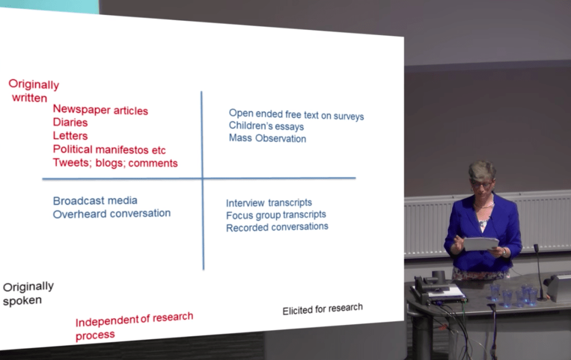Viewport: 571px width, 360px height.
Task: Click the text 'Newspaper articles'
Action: tap(100, 110)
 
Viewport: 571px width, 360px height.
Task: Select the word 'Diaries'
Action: tap(70, 122)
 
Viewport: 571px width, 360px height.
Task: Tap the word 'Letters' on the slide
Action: tap(70, 136)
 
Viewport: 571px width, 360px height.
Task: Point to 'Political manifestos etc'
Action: tap(109, 149)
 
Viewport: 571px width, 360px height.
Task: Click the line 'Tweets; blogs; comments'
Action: tap(115, 163)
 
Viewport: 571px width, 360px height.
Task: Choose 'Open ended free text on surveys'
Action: tap(297, 115)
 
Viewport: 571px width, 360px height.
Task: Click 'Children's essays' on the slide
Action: tap(266, 126)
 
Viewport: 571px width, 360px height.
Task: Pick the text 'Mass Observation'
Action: tap(267, 138)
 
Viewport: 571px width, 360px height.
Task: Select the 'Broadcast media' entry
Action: tap(95, 201)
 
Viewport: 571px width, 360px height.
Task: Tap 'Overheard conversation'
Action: tap(112, 213)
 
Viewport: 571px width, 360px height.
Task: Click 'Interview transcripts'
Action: tap(269, 203)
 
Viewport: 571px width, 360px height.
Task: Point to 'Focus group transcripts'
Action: tap(276, 215)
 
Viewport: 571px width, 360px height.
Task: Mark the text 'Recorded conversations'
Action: tap(277, 227)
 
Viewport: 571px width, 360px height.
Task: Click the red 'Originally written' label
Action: tap(33, 91)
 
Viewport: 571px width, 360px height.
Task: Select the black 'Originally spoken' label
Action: tap(28, 293)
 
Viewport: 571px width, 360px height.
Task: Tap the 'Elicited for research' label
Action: tap(323, 309)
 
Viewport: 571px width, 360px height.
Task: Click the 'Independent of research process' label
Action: tap(134, 326)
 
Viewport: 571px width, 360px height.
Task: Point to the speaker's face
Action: tap(481, 182)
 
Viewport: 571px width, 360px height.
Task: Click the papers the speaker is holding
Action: tap(480, 244)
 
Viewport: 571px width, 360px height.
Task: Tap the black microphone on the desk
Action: tap(539, 273)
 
